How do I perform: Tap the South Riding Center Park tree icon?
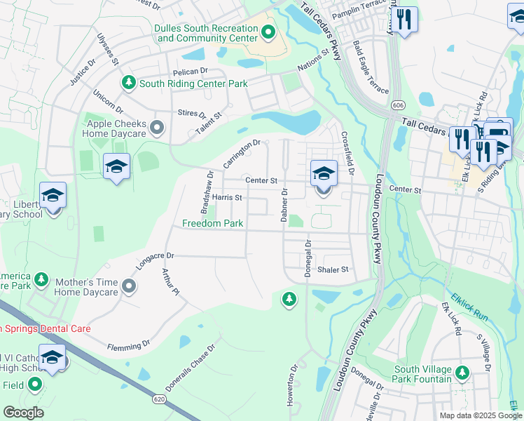pyautogui.click(x=128, y=83)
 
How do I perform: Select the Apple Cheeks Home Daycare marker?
pyautogui.click(x=157, y=128)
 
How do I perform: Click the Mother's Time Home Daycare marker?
pyautogui.click(x=128, y=286)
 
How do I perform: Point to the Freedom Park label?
pyautogui.click(x=212, y=224)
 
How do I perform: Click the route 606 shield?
pyautogui.click(x=399, y=104)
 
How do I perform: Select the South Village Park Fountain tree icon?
pyautogui.click(x=462, y=372)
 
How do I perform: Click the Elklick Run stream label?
pyautogui.click(x=469, y=307)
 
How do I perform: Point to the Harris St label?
pyautogui.click(x=227, y=198)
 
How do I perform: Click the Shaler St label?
pyautogui.click(x=333, y=269)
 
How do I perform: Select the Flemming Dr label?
pyautogui.click(x=129, y=345)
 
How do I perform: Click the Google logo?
pyautogui.click(x=23, y=413)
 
